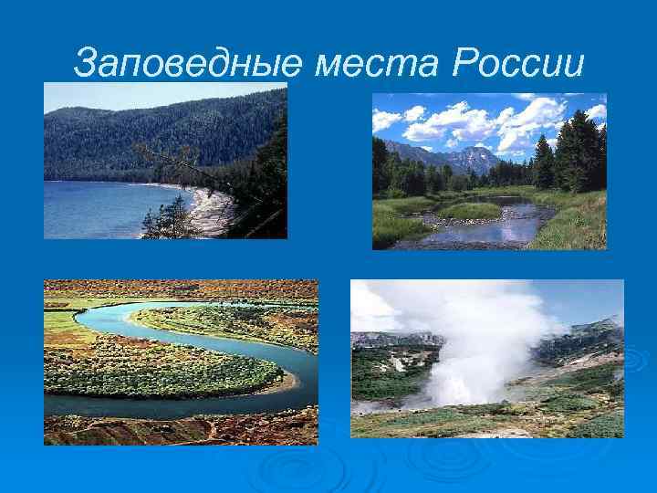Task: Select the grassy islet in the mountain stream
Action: [468, 211]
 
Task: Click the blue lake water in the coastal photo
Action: [100, 210]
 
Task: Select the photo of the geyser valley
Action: [487, 358]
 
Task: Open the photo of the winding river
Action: [181, 362]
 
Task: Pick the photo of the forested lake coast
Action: [165, 161]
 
